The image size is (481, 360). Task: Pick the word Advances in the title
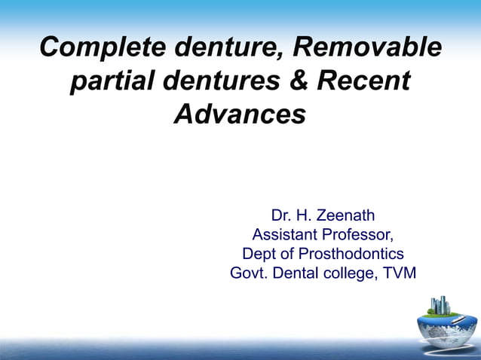click(240, 114)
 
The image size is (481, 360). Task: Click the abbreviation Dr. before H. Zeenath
click(281, 217)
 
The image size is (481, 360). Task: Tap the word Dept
click(259, 254)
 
